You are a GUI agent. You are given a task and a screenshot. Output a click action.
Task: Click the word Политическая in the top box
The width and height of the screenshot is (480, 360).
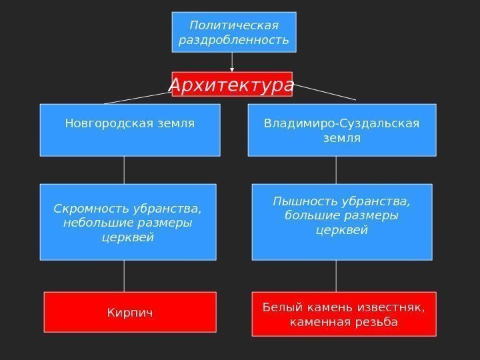(x=233, y=25)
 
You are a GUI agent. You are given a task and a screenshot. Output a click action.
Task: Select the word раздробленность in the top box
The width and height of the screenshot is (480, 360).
(x=234, y=40)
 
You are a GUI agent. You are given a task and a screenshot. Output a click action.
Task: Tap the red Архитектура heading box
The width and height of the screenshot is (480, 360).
(x=231, y=85)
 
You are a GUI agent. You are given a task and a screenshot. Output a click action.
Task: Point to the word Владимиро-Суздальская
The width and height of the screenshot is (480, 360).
(x=341, y=123)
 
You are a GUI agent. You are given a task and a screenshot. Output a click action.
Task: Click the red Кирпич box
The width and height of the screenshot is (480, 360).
(x=130, y=311)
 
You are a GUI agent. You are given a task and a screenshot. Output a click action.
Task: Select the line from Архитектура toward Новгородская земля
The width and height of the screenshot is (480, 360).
(x=137, y=99)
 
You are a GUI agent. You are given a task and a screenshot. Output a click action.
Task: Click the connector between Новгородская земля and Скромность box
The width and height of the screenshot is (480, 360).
(x=124, y=170)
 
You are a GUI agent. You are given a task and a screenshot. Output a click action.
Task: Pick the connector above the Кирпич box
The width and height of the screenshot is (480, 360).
(x=124, y=275)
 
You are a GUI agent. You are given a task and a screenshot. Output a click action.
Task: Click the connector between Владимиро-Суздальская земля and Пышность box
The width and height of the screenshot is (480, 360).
(x=335, y=170)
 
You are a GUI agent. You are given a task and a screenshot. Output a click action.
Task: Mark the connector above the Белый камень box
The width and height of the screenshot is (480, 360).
(x=335, y=275)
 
